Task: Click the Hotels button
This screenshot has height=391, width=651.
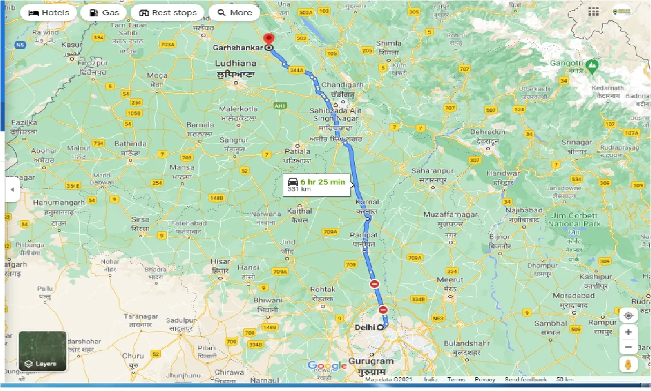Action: coord(48,13)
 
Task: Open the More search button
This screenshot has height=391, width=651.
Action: coord(234,13)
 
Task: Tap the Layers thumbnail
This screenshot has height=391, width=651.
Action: coord(42,351)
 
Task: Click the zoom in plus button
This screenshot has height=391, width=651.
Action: coord(629,332)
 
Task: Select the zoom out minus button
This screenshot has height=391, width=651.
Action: coord(629,347)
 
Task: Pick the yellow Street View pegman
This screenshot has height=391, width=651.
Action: coord(629,365)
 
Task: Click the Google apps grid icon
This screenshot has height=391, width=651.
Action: coord(593,12)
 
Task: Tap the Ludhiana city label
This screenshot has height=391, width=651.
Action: coord(235,64)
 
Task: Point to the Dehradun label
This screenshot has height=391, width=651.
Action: coord(487,132)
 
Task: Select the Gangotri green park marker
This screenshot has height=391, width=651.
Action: coord(591,65)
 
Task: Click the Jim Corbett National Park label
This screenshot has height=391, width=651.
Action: coord(574,219)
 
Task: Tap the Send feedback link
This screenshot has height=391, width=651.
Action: coord(525,379)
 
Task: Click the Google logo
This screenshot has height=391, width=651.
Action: coord(327,366)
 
